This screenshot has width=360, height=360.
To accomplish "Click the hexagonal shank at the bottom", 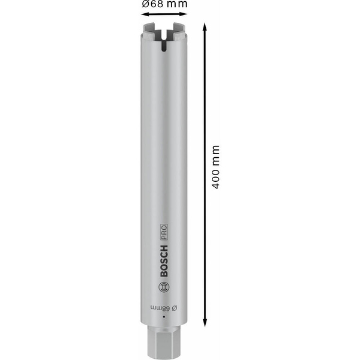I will (x=164, y=341).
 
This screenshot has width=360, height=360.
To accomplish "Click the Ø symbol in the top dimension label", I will (x=146, y=5).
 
